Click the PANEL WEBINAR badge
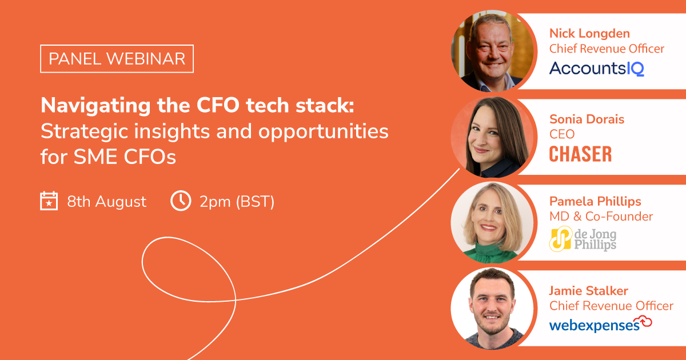(x=117, y=59)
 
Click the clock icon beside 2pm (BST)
(x=181, y=201)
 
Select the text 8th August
(x=106, y=202)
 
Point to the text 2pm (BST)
(x=237, y=202)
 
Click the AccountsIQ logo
(x=596, y=69)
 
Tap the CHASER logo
(x=580, y=154)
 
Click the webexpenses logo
(x=600, y=325)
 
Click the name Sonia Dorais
(x=587, y=119)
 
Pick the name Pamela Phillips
(x=595, y=201)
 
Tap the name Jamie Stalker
(x=589, y=291)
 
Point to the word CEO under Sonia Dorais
(x=562, y=134)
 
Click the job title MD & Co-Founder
(x=601, y=217)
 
